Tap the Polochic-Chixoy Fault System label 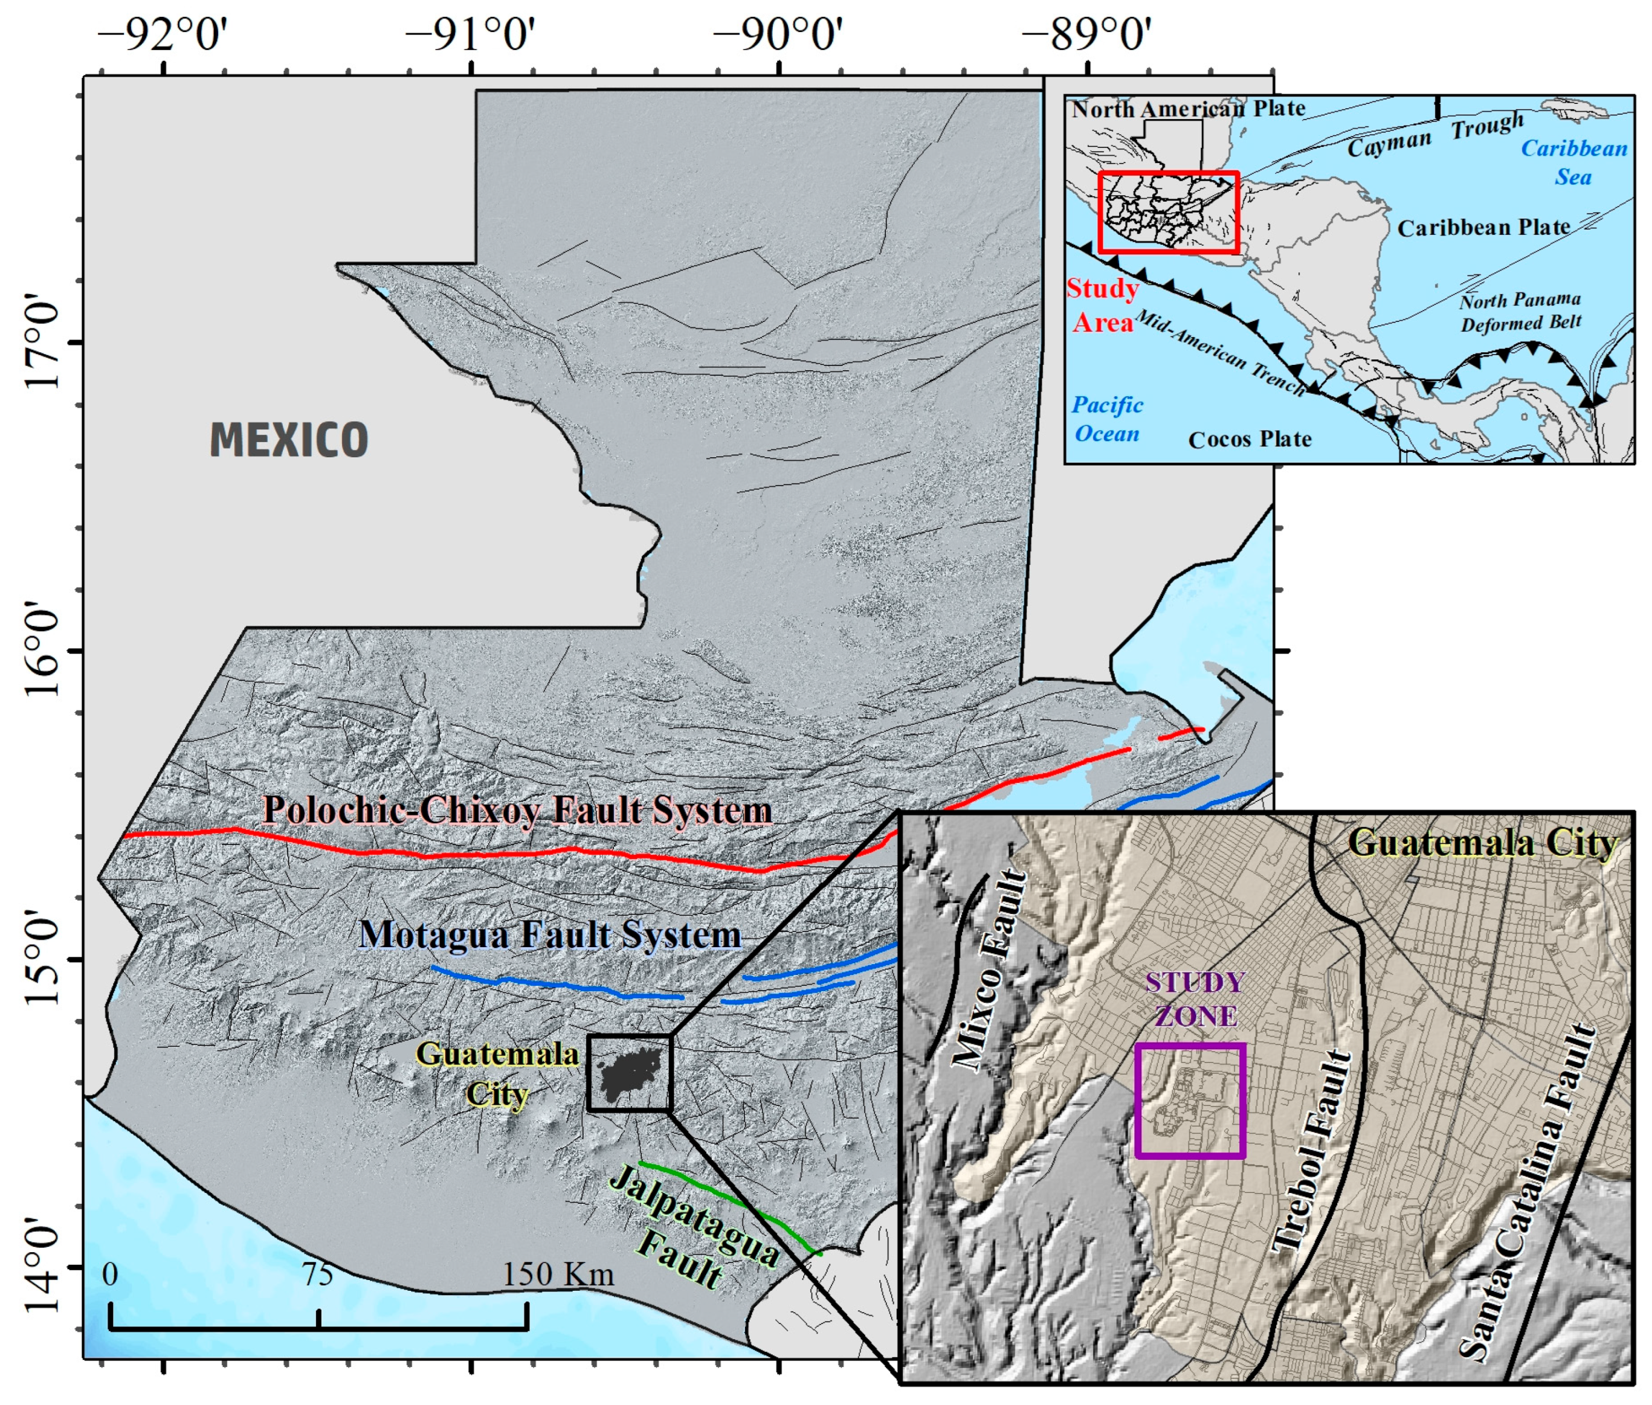[x=517, y=810]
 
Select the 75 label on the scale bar [x=317, y=1275]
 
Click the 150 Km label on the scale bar [x=558, y=1275]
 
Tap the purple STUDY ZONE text [x=1194, y=999]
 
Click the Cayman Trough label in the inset [x=1434, y=136]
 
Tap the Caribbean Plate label [x=1483, y=228]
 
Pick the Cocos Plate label [x=1249, y=440]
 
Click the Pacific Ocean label [x=1106, y=420]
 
